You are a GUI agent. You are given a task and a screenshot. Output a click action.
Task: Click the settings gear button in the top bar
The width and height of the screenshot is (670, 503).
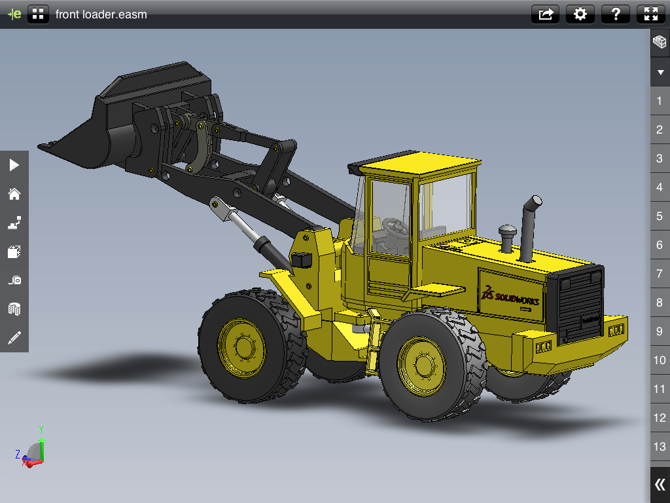tap(580, 14)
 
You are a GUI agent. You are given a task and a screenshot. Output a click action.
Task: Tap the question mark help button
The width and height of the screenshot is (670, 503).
tap(615, 14)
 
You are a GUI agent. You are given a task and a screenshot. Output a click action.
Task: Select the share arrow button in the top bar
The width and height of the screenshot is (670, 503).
tap(546, 14)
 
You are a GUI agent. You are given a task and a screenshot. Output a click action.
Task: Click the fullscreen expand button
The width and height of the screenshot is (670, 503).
tap(650, 14)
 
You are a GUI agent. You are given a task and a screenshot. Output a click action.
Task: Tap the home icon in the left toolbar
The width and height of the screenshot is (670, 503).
tap(14, 194)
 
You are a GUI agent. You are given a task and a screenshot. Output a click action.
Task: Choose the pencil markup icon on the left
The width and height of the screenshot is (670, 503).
tap(14, 338)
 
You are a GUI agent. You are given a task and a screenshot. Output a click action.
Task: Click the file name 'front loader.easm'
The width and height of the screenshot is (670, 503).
tap(101, 14)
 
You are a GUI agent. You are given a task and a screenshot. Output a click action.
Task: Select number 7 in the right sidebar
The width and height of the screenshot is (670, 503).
tap(660, 274)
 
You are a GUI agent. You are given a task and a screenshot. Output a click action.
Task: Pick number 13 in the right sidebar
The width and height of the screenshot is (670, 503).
tap(660, 447)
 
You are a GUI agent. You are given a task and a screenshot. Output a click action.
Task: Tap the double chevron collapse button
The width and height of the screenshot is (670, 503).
tap(660, 485)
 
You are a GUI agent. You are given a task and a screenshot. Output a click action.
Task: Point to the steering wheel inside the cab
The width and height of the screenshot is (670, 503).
tap(397, 227)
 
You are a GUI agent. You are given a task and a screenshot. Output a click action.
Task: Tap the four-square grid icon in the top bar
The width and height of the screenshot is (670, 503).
tap(39, 14)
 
